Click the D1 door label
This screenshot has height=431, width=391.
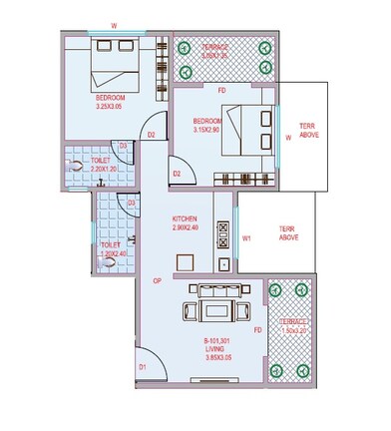[x=142, y=367]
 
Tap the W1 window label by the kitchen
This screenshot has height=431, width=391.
[x=246, y=238]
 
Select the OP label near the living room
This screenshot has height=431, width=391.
[x=157, y=280]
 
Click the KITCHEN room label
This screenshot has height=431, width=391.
[x=185, y=218]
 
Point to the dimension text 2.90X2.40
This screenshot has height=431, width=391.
[x=185, y=228]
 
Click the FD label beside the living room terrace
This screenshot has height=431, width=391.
[x=257, y=330]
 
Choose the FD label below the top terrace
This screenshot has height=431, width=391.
[x=221, y=92]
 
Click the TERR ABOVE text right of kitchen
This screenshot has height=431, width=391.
[x=289, y=233]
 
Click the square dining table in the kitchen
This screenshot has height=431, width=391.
[x=185, y=262]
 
